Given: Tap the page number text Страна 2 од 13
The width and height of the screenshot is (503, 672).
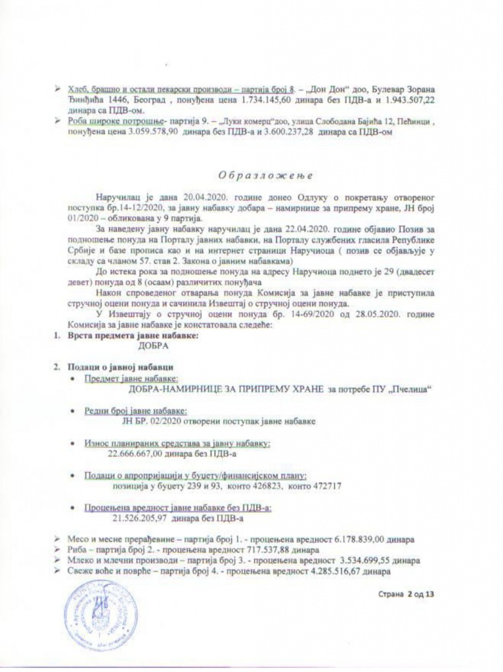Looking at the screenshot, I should coord(407,595).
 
